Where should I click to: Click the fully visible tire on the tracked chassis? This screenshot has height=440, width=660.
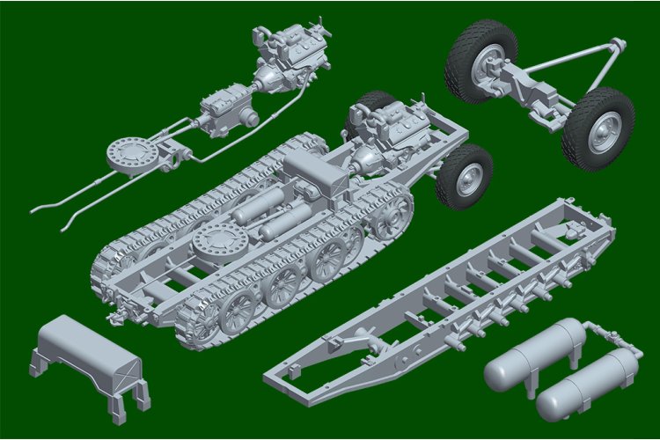(466, 178)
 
